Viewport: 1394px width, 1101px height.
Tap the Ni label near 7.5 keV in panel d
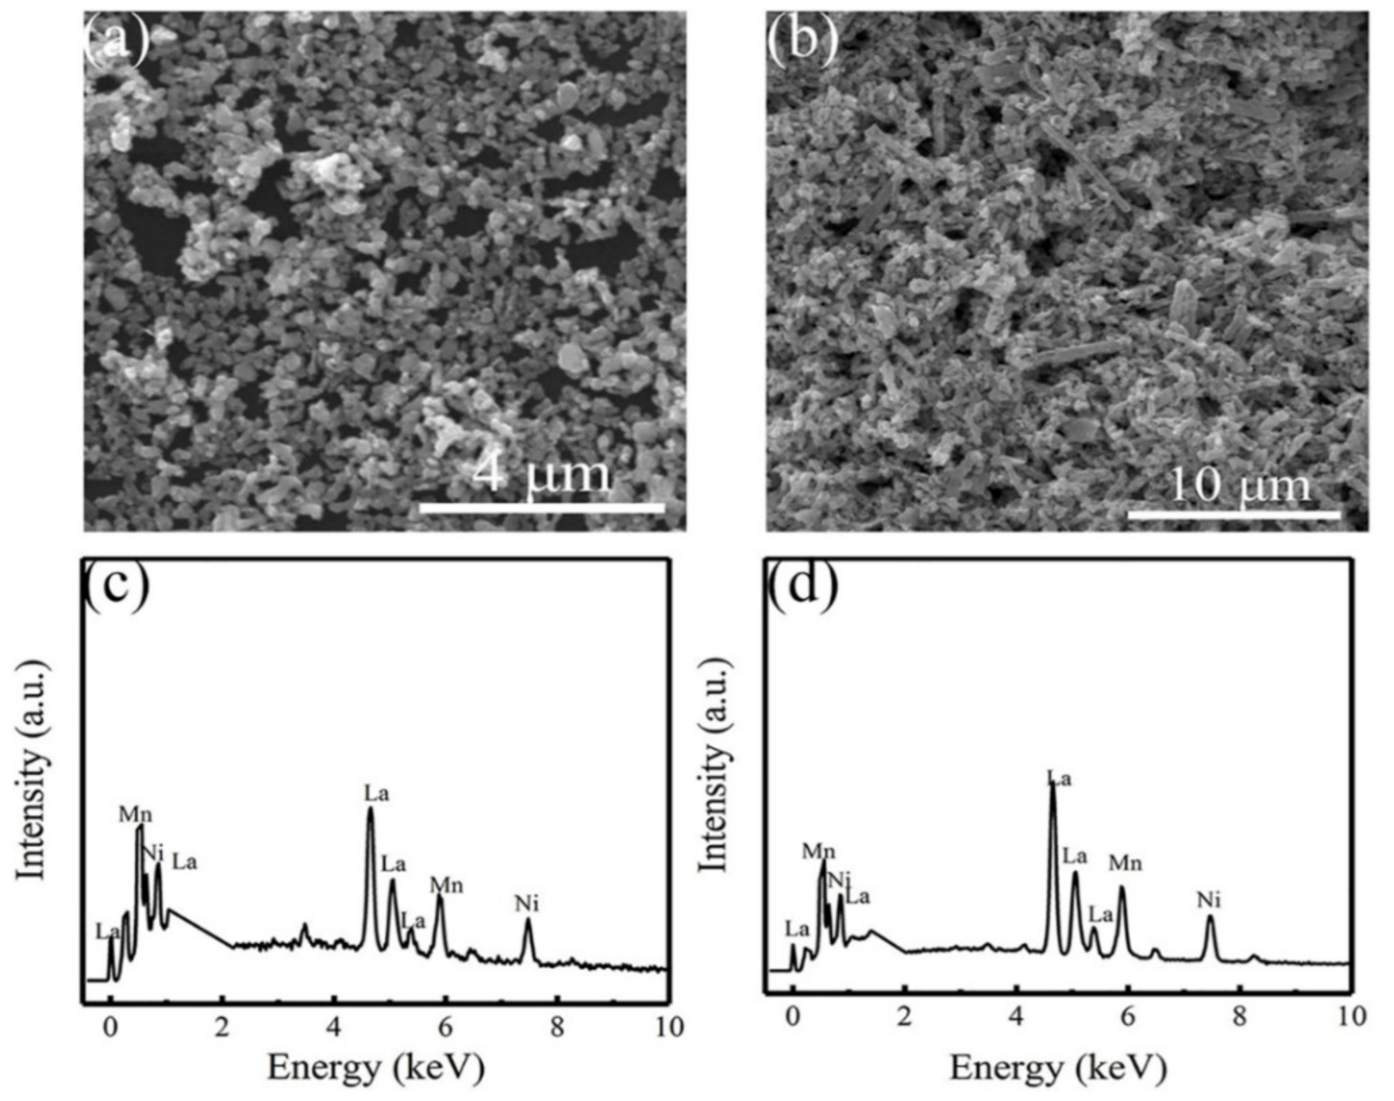click(x=1209, y=900)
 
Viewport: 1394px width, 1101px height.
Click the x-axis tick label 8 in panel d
click(x=1238, y=1017)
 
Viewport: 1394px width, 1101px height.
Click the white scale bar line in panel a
click(x=541, y=508)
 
